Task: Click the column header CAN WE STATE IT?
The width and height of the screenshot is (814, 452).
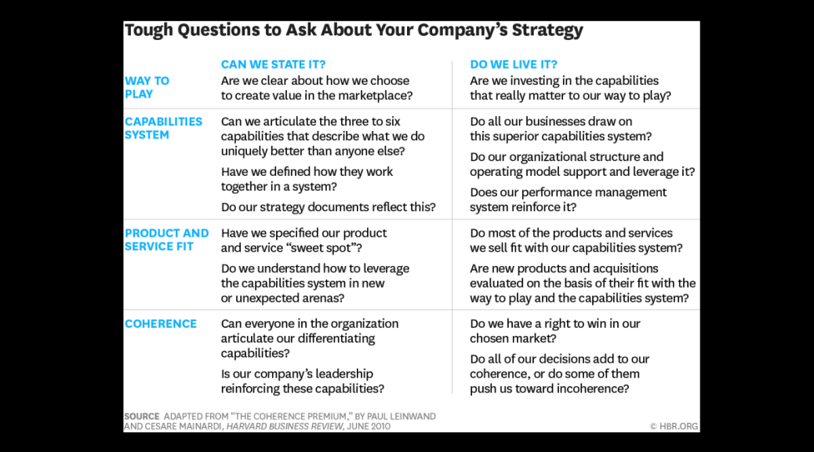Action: [273, 64]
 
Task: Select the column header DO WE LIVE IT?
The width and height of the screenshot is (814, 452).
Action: [514, 64]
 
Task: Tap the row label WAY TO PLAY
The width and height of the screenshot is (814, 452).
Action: [147, 87]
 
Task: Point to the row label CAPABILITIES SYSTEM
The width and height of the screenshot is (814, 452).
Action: [164, 128]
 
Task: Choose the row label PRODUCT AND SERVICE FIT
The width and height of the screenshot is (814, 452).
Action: [166, 239]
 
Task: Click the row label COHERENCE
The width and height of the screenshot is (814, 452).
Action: [161, 323]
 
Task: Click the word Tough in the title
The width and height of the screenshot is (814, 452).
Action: [149, 30]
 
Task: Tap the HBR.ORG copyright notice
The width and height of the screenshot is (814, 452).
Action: [674, 426]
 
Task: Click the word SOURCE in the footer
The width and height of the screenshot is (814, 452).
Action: [142, 416]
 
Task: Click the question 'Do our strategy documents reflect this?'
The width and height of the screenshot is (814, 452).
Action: [328, 207]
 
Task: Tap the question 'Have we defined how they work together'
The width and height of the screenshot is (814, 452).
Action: [307, 179]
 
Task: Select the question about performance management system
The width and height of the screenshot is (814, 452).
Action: [568, 199]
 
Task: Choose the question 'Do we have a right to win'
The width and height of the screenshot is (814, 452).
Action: [555, 331]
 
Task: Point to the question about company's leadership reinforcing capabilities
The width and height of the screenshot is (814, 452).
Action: [303, 381]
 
